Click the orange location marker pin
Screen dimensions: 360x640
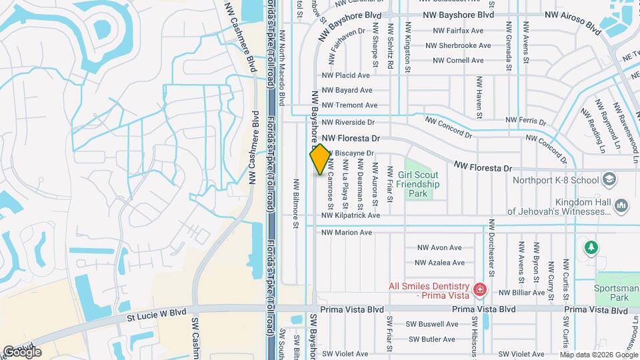click(x=320, y=159)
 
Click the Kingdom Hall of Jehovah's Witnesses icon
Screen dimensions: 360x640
click(x=621, y=206)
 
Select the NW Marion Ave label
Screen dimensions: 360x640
click(x=347, y=233)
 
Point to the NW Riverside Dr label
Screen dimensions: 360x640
click(x=348, y=123)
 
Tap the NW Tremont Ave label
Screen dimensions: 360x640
click(x=349, y=105)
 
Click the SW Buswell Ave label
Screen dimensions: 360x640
click(x=433, y=325)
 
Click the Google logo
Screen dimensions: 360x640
click(x=23, y=351)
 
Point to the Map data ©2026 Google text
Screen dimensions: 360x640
click(x=599, y=355)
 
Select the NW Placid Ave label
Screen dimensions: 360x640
click(x=345, y=75)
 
